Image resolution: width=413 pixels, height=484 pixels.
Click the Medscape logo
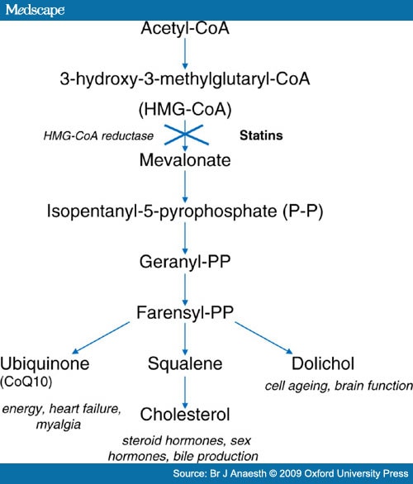[x=35, y=10]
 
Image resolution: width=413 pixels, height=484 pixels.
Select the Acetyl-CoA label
[x=185, y=28]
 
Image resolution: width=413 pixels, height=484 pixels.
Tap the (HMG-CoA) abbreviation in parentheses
[x=185, y=110]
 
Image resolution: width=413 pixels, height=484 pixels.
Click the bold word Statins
[x=261, y=135]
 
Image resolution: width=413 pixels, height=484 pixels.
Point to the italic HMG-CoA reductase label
[x=98, y=135]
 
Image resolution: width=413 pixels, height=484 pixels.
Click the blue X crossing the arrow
[x=186, y=135]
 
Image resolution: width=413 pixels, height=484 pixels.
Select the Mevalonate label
[x=185, y=160]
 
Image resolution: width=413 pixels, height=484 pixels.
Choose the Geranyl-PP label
[x=185, y=262]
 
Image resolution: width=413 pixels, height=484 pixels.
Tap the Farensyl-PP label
[x=185, y=312]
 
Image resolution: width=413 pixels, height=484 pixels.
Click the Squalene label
[x=185, y=363]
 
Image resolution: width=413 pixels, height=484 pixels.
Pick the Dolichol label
[x=323, y=363]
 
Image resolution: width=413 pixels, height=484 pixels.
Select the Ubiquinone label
[x=45, y=363]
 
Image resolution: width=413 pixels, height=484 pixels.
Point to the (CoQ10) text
[x=26, y=382]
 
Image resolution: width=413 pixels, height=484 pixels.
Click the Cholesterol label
[x=185, y=415]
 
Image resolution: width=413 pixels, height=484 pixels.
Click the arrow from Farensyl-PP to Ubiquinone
[x=101, y=338]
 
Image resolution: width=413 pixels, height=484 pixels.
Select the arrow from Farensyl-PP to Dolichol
[x=263, y=338]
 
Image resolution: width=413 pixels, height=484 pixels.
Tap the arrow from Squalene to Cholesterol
[x=185, y=392]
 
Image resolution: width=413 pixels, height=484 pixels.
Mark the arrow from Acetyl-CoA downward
[x=185, y=54]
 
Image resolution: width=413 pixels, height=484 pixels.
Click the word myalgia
[x=59, y=425]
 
